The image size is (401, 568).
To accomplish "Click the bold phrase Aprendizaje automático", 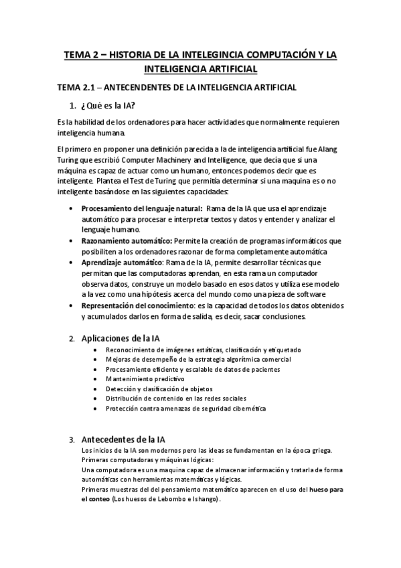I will [122, 261].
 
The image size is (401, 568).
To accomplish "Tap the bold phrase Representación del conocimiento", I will [137, 305].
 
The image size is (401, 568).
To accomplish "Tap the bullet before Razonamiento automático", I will [72, 240].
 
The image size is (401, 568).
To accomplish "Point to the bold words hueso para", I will [327, 489].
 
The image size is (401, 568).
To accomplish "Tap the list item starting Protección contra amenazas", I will [185, 409].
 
